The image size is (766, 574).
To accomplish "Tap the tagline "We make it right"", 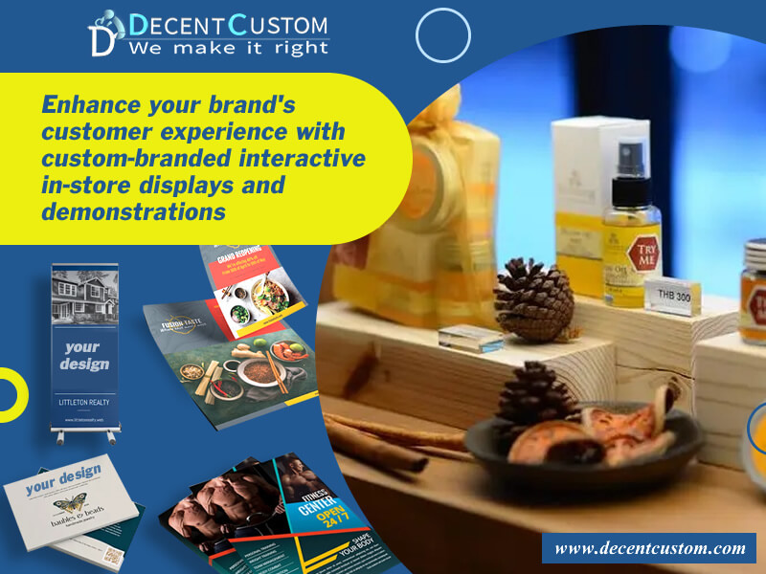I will click(229, 48).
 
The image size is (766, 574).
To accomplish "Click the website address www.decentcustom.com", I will click(649, 548).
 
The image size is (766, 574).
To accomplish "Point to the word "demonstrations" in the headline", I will click(133, 210).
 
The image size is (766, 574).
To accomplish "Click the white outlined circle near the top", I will click(443, 35).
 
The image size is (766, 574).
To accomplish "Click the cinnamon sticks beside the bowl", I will click(383, 435).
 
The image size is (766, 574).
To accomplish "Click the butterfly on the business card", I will click(70, 505).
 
